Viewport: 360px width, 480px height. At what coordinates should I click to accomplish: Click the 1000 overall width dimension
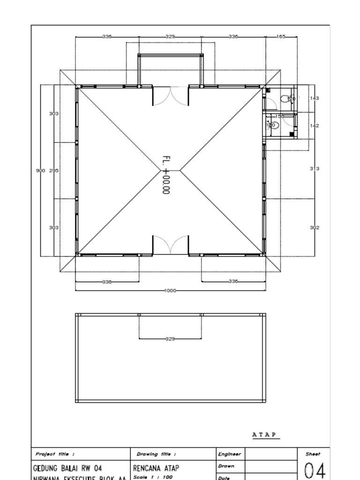tap(170, 291)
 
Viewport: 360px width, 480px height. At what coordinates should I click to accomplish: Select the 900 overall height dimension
tap(40, 171)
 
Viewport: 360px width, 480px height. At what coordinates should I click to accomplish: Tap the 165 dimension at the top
tap(281, 36)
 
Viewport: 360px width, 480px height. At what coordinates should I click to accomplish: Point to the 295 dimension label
tap(54, 171)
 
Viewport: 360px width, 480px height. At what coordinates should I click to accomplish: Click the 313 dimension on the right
tap(315, 168)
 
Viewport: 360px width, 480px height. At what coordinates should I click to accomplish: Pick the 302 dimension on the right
tap(315, 227)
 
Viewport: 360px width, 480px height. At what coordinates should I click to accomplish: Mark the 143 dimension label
tap(315, 98)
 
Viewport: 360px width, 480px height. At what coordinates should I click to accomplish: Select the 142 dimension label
tap(315, 126)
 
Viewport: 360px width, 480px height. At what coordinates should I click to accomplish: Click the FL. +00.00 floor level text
tap(166, 175)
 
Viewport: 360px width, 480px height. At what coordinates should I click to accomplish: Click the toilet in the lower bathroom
tap(274, 125)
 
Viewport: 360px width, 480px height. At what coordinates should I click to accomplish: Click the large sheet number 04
tap(315, 470)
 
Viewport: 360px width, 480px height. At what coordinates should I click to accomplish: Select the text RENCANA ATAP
tap(156, 468)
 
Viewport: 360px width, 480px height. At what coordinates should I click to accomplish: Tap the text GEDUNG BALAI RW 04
tap(67, 468)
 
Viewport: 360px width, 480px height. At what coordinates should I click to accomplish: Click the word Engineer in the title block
tap(229, 454)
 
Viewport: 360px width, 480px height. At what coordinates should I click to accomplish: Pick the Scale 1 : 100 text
tap(153, 477)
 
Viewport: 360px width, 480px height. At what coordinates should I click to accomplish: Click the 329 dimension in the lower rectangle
tap(170, 338)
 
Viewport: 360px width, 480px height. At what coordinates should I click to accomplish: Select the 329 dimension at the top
tap(170, 36)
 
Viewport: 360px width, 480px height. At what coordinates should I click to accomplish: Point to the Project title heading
tap(55, 454)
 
